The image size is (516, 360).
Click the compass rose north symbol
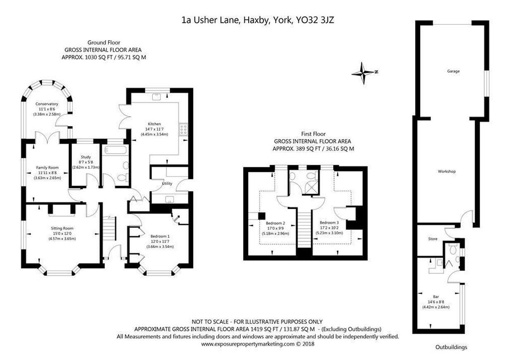point(364,73)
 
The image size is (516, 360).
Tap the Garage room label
point(453,71)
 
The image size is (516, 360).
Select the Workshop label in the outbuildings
point(447,172)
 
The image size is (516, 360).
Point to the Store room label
point(432,239)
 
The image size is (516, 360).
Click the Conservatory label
point(47,104)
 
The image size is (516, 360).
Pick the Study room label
point(86,157)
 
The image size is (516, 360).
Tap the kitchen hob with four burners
point(183,129)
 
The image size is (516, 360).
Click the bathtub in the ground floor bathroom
point(115,150)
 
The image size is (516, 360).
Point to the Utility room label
point(167,184)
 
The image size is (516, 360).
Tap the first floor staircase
point(304,228)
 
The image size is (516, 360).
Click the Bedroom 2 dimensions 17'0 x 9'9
point(275,228)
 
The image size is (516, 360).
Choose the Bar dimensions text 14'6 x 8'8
point(436,302)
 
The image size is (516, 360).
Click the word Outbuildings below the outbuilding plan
point(451,347)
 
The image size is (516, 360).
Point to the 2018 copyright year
point(308,344)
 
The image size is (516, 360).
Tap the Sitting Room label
point(62,228)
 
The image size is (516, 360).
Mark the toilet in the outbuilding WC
point(453,250)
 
